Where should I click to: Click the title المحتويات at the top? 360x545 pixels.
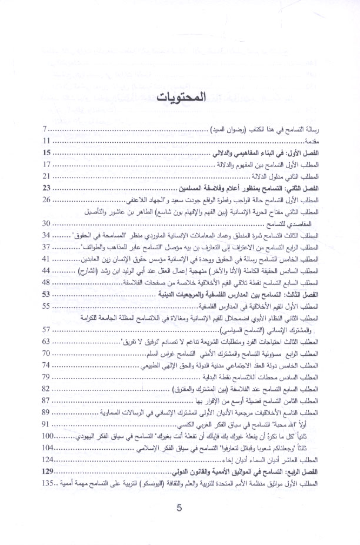(x=180, y=98)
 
